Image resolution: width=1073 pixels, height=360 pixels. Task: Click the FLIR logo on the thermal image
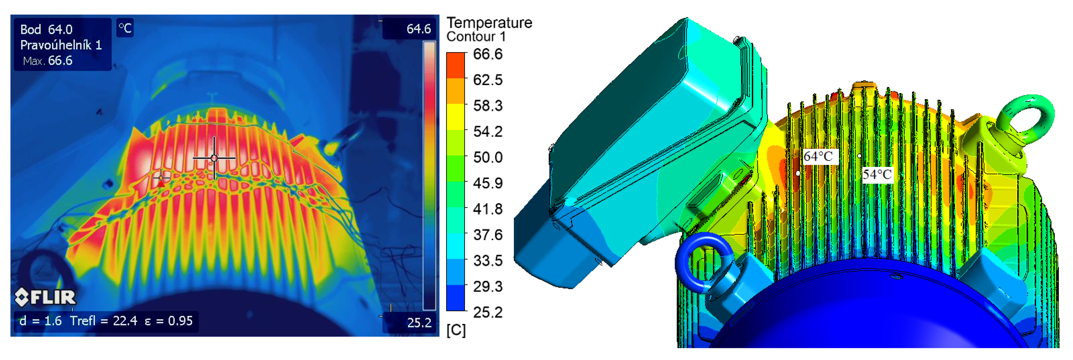tap(45, 297)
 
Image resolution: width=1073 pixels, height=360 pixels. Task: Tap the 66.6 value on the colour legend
tap(488, 54)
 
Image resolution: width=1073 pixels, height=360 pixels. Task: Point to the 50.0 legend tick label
tap(488, 157)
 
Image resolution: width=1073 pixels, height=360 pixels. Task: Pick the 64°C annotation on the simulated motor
tap(818, 156)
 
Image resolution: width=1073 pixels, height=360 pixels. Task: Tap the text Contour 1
tap(476, 37)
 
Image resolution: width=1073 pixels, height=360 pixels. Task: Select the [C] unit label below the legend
tap(456, 330)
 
